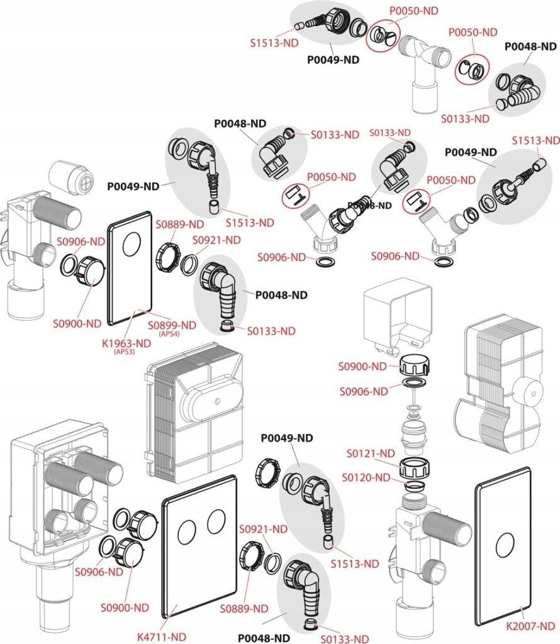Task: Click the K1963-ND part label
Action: (131, 343)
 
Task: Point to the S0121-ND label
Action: (371, 453)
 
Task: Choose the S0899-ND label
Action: (172, 325)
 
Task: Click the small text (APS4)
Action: (169, 334)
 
